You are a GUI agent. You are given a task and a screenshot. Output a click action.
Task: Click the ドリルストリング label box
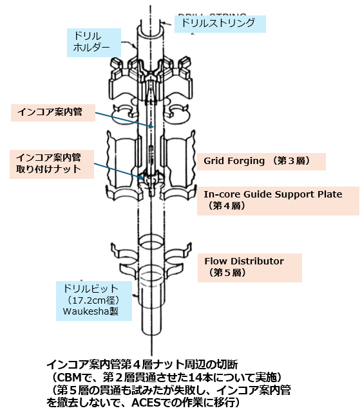coord(220,24)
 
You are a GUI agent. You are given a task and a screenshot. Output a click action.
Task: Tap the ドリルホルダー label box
coord(94,42)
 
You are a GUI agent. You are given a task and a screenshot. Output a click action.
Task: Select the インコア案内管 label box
coord(53,113)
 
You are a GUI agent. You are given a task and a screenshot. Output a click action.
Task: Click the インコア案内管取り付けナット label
coord(52,164)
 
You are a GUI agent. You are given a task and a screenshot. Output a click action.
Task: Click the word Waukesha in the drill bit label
coord(86,311)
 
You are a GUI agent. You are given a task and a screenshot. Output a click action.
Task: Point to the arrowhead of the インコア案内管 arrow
coord(151,127)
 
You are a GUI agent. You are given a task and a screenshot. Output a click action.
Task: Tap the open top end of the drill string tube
coord(151,30)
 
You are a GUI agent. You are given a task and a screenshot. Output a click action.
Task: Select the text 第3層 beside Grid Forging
coord(291,161)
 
